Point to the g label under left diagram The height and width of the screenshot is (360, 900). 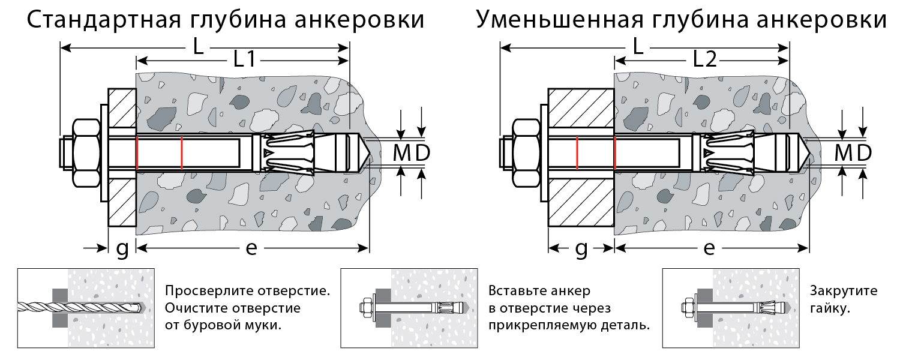122,249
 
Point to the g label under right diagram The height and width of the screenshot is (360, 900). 581,249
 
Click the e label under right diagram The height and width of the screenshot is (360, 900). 709,248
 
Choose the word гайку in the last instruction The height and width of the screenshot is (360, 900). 828,309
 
